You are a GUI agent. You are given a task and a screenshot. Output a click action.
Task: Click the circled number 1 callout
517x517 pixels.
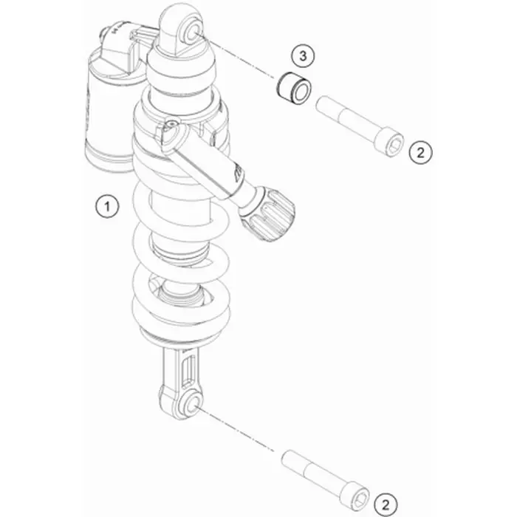(107, 207)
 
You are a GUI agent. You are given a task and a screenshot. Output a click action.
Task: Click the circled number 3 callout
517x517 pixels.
(303, 55)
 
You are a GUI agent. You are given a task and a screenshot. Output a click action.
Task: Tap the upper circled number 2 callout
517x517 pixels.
(420, 152)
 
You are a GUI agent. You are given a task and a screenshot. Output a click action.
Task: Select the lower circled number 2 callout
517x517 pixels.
(386, 504)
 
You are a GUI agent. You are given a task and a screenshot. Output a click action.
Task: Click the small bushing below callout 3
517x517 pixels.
(293, 89)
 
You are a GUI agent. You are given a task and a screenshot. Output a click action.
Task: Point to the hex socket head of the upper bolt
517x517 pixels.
(392, 144)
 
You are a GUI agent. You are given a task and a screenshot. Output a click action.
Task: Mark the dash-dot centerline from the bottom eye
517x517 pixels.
(236, 428)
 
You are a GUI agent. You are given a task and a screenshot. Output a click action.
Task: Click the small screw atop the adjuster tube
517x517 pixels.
(171, 124)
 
